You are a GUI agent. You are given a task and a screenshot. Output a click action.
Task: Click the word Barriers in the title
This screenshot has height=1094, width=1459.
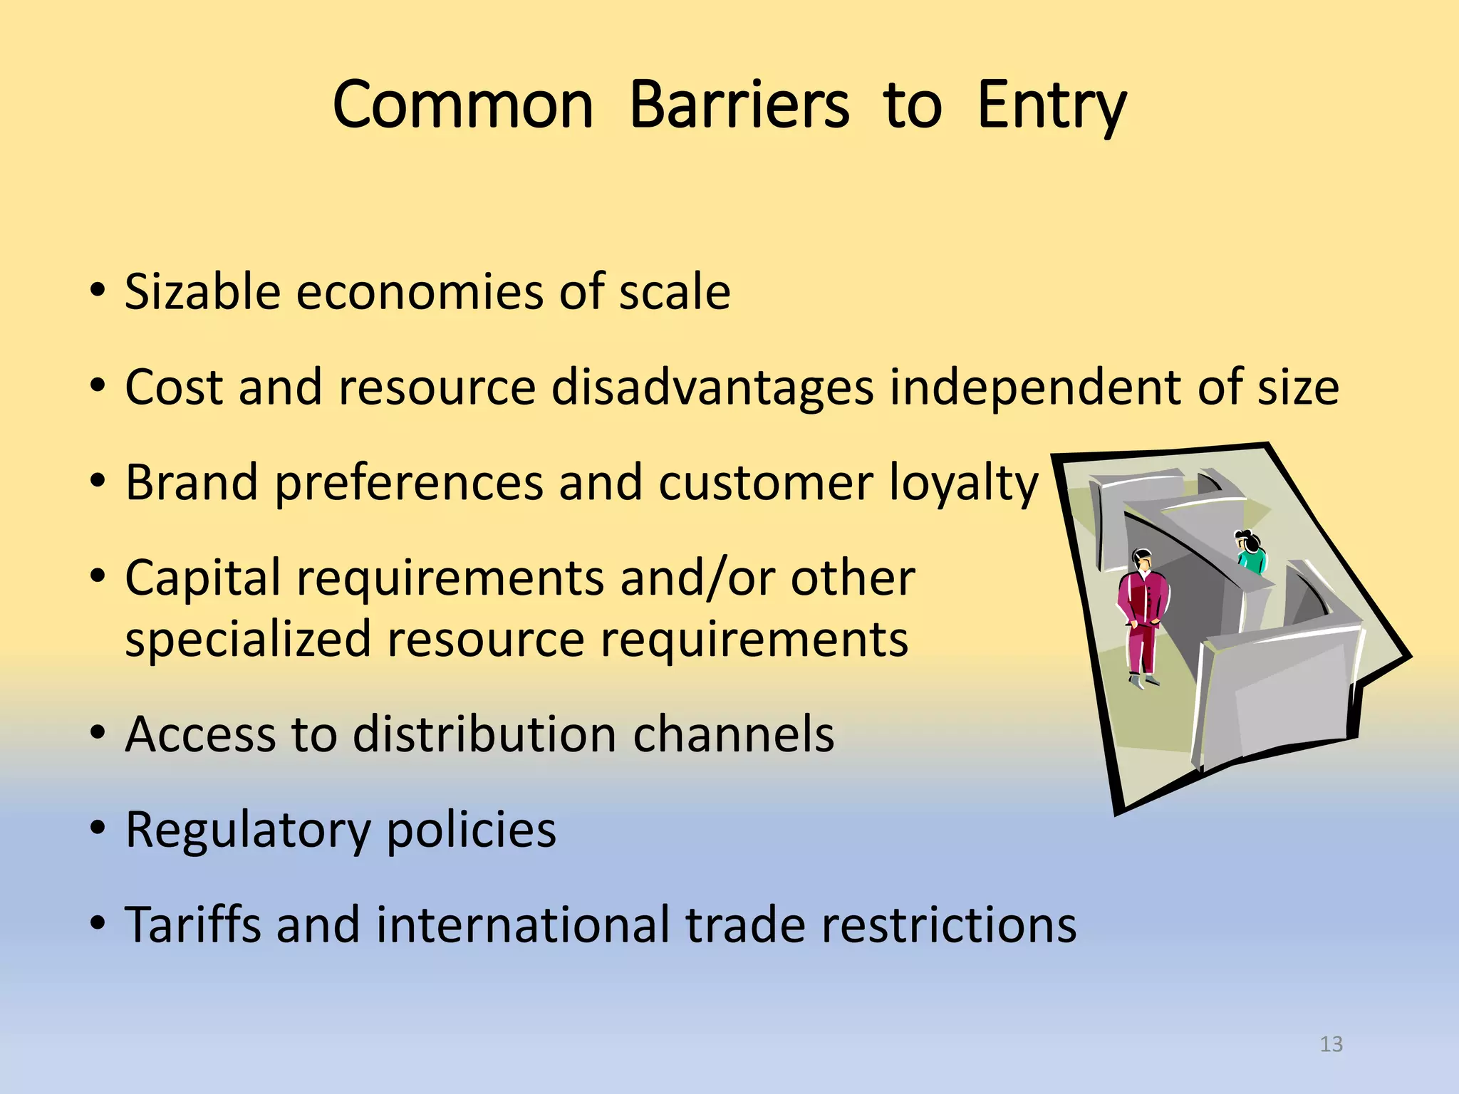739,105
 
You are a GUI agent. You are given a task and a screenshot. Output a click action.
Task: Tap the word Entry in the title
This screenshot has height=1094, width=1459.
1052,107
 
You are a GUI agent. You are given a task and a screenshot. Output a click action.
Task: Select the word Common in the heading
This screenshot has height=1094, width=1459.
463,105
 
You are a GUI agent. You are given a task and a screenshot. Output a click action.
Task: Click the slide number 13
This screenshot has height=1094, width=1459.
1331,1044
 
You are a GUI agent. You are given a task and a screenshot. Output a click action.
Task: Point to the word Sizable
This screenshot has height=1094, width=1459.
202,292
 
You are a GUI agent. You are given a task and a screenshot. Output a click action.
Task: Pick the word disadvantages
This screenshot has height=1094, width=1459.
712,388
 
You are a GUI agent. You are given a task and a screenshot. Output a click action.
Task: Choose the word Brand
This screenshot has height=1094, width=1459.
192,482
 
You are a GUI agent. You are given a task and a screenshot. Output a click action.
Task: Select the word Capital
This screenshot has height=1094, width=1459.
203,578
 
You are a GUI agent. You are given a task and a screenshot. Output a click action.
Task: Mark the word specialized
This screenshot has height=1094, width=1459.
248,639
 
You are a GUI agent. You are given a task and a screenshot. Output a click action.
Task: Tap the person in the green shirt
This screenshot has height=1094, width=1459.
1250,552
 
